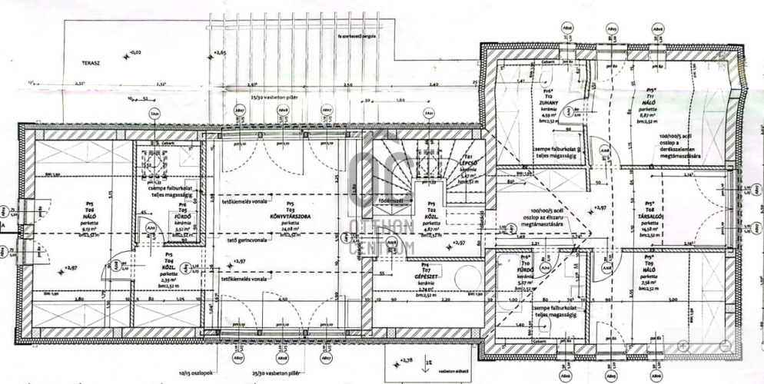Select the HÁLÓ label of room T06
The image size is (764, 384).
click(90, 217)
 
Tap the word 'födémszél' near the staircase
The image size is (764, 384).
click(394, 203)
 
